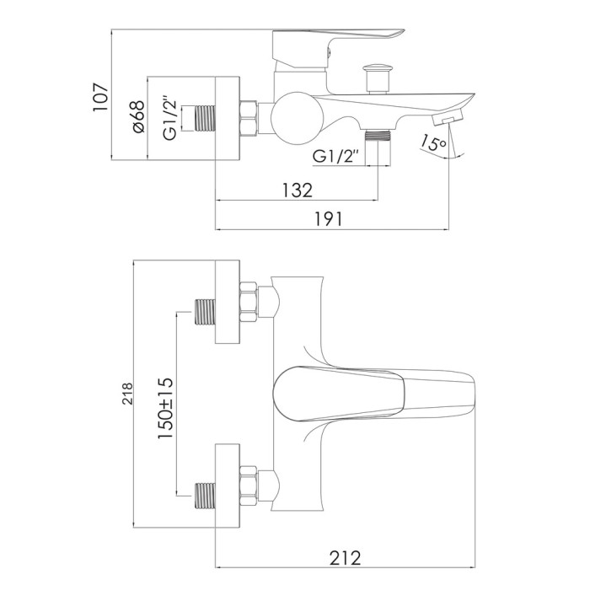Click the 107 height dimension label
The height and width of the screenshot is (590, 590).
(x=101, y=97)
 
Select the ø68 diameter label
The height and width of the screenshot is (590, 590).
(x=138, y=116)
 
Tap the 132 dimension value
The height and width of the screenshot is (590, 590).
(x=298, y=190)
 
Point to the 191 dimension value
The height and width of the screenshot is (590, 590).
(x=328, y=219)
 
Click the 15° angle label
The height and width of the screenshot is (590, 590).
(x=433, y=142)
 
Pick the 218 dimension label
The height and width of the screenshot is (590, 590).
(x=128, y=394)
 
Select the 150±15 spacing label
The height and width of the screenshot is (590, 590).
(x=165, y=408)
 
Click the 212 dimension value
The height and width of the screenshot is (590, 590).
(x=345, y=558)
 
